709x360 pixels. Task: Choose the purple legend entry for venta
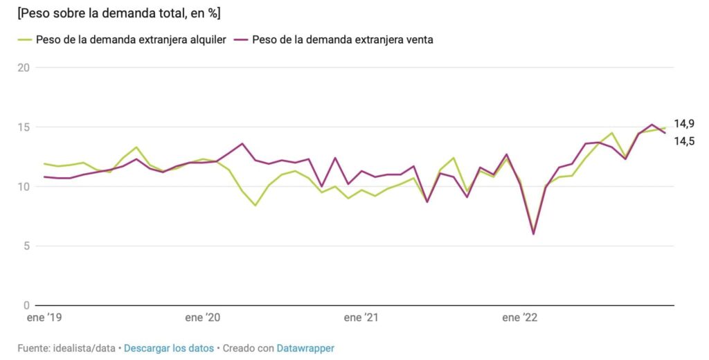[x=335, y=39]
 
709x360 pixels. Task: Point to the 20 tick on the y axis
[x=24, y=68]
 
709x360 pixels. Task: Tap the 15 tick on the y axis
[x=24, y=127]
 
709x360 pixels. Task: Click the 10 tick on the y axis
[x=24, y=187]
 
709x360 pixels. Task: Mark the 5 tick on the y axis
[x=26, y=246]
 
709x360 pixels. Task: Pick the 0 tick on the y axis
[x=26, y=305]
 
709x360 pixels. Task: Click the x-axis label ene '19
[x=44, y=318]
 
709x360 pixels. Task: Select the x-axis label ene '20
[x=203, y=318]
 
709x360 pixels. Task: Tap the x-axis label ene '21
[x=361, y=318]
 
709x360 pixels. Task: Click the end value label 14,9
[x=684, y=124]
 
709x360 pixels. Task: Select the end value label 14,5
[x=684, y=141]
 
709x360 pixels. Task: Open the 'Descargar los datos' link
[x=169, y=348]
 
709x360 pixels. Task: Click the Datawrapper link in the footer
[x=305, y=348]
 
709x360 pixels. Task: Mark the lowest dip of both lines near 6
[x=533, y=233]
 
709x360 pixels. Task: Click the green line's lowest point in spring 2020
[x=255, y=205]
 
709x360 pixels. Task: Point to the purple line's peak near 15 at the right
[x=652, y=125]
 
